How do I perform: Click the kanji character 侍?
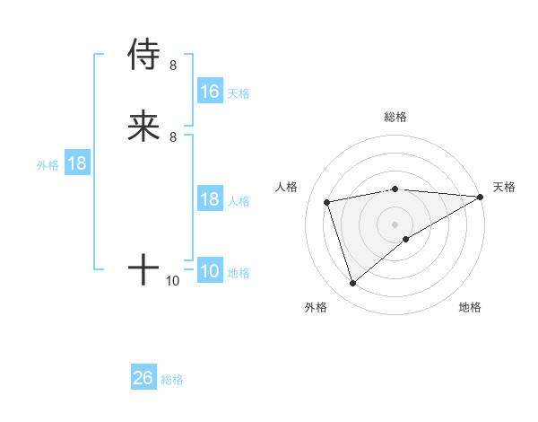pyautogui.click(x=143, y=55)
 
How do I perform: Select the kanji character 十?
pyautogui.click(x=143, y=268)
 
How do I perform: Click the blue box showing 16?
pyautogui.click(x=210, y=92)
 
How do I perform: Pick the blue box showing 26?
pyautogui.click(x=143, y=378)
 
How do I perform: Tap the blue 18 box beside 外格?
pyautogui.click(x=77, y=164)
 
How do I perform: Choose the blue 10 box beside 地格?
pyautogui.click(x=210, y=272)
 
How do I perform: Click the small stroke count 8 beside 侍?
pyautogui.click(x=173, y=65)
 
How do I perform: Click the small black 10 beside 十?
pyautogui.click(x=173, y=281)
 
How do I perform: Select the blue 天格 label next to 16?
pyautogui.click(x=239, y=92)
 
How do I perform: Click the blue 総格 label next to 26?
pyautogui.click(x=172, y=380)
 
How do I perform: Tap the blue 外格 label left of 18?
pyautogui.click(x=48, y=165)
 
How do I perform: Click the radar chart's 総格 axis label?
pyautogui.click(x=395, y=117)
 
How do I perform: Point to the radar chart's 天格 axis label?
pyautogui.click(x=505, y=187)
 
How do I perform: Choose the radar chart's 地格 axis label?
pyautogui.click(x=470, y=307)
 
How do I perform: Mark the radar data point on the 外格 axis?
pyautogui.click(x=352, y=284)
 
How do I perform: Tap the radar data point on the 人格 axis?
pyautogui.click(x=327, y=201)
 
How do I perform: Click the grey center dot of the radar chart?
pyautogui.click(x=395, y=224)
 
